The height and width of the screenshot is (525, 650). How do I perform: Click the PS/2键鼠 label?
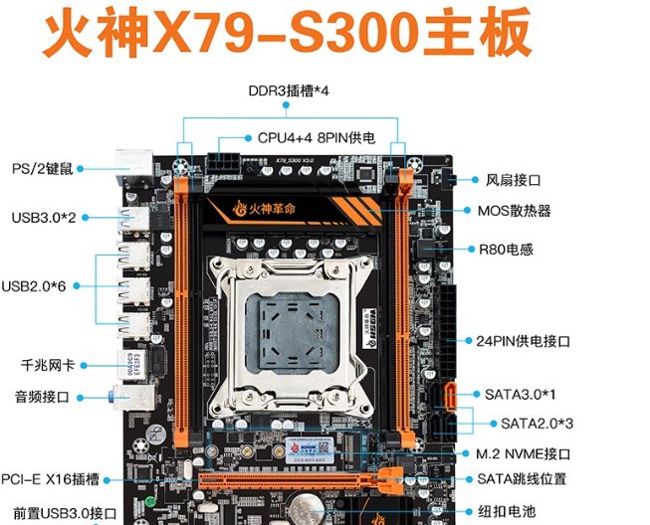click(41, 168)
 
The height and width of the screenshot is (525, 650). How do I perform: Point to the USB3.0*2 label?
click(44, 216)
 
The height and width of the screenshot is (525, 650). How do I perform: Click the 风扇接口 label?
click(513, 180)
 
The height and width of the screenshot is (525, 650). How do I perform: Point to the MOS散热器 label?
click(514, 211)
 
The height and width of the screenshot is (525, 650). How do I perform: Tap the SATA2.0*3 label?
click(537, 423)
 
